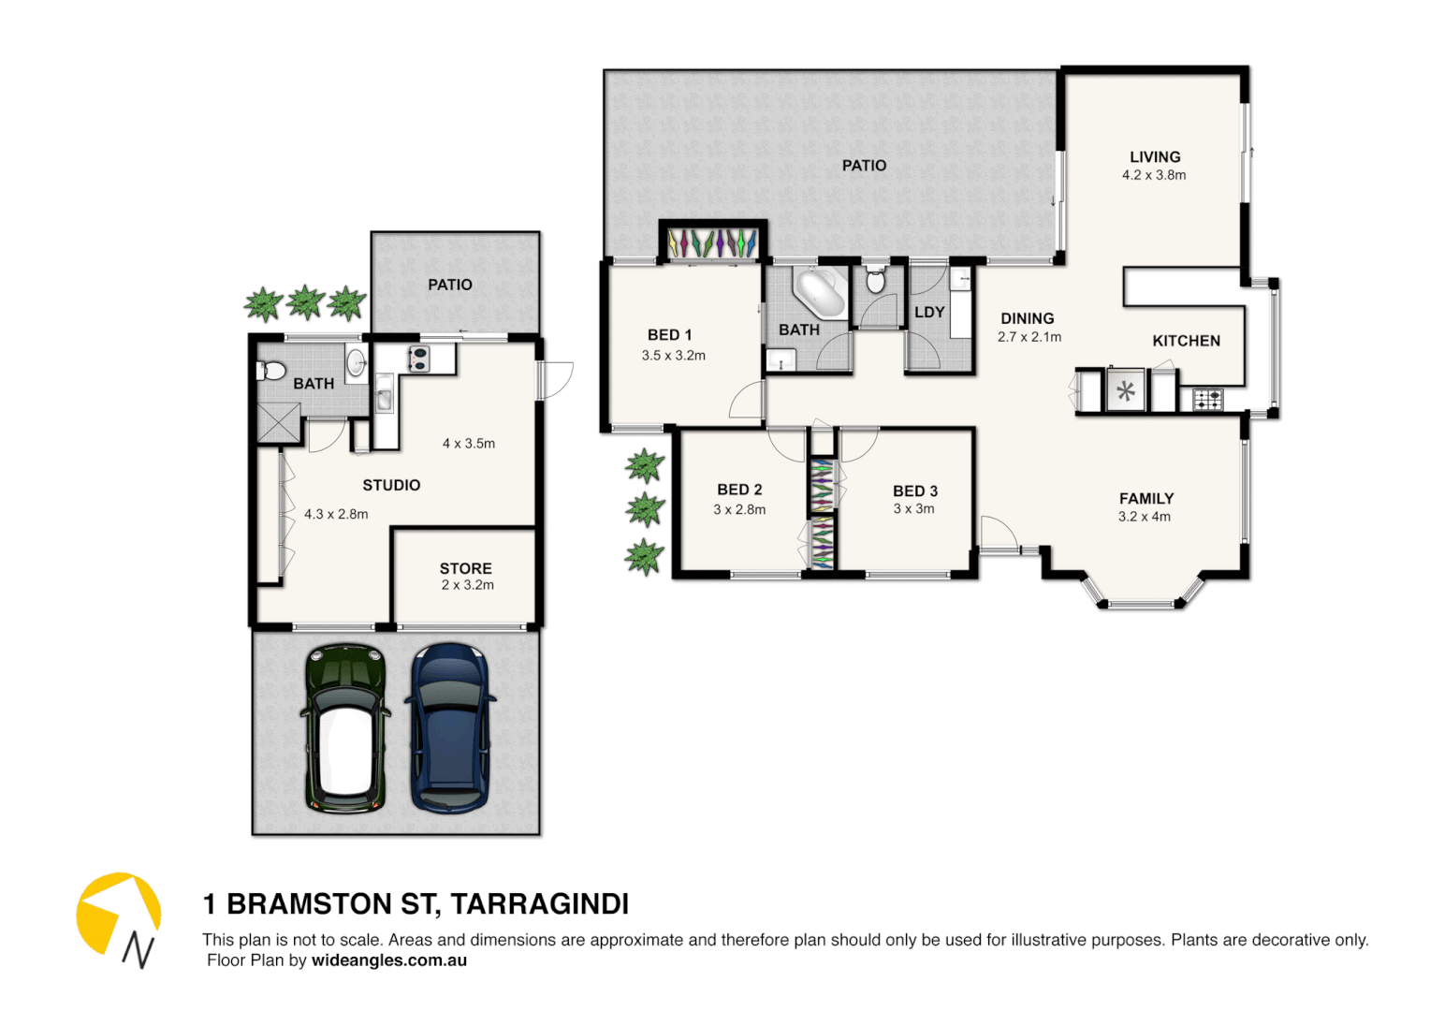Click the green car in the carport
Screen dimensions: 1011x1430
pyautogui.click(x=345, y=728)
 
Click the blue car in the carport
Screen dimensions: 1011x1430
pyautogui.click(x=450, y=727)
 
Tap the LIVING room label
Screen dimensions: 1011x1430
pyautogui.click(x=1155, y=157)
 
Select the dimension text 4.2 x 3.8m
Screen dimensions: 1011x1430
pyautogui.click(x=1154, y=175)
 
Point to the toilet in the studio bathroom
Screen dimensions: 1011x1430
pyautogui.click(x=270, y=371)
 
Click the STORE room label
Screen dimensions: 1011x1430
pyautogui.click(x=465, y=568)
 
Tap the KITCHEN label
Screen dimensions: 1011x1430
pyautogui.click(x=1186, y=341)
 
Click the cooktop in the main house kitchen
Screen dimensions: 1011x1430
pyautogui.click(x=1207, y=400)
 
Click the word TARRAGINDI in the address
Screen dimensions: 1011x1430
pyautogui.click(x=539, y=904)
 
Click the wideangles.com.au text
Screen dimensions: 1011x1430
pyautogui.click(x=389, y=960)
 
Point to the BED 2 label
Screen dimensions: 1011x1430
pyautogui.click(x=739, y=490)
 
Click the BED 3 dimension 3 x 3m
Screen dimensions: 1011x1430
pyautogui.click(x=913, y=509)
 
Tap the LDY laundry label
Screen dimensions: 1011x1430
pyautogui.click(x=929, y=312)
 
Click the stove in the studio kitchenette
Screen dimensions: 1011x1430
pyautogui.click(x=418, y=358)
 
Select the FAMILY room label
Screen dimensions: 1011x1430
pyautogui.click(x=1146, y=499)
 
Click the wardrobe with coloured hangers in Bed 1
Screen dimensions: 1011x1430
pyautogui.click(x=713, y=243)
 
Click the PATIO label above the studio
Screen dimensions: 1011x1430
pyautogui.click(x=450, y=285)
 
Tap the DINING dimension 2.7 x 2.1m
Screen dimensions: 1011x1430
pyautogui.click(x=1029, y=337)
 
